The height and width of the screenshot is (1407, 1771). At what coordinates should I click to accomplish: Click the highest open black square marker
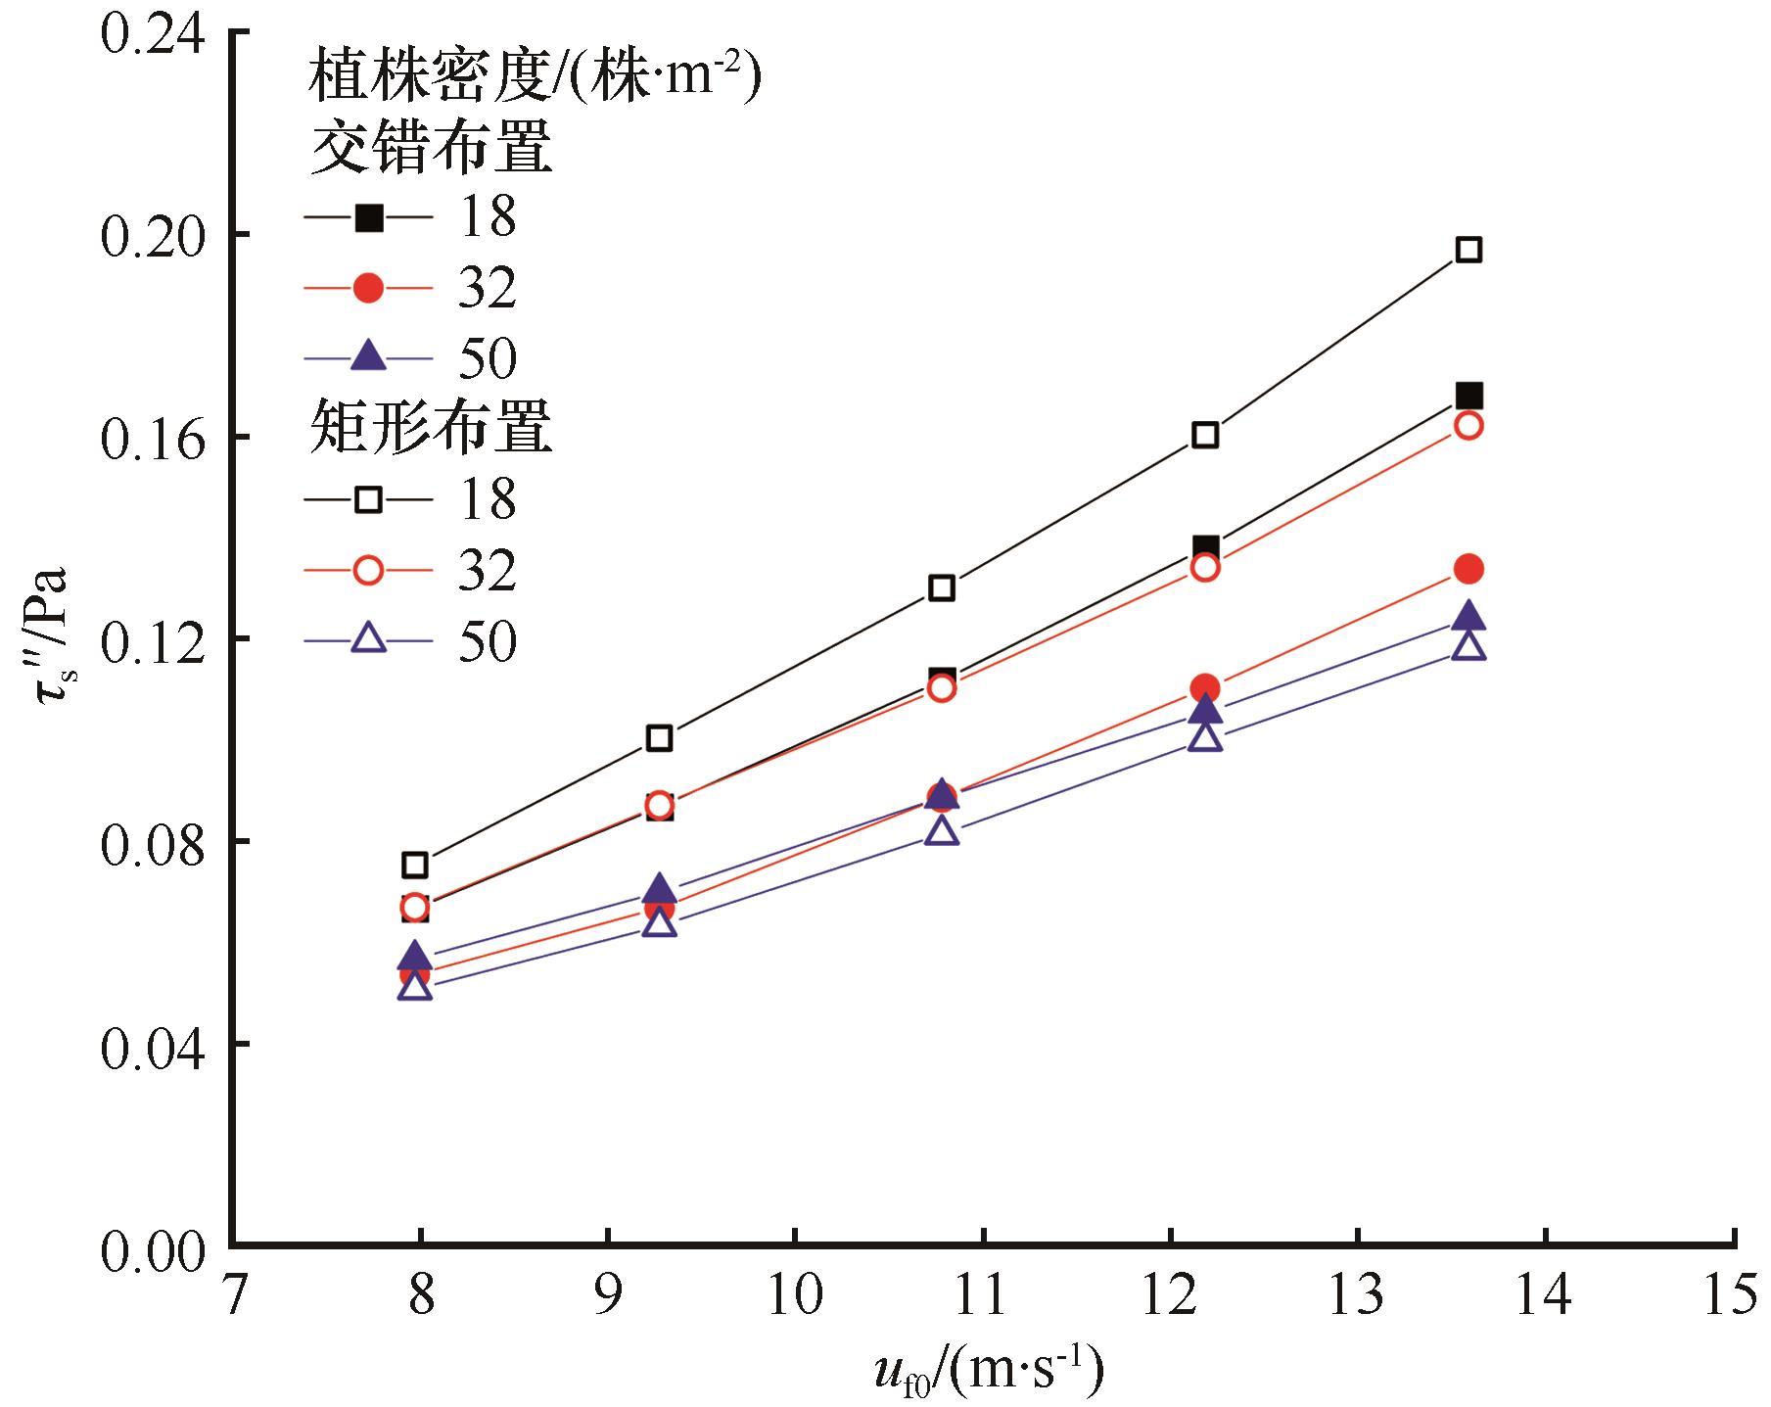[x=1468, y=250]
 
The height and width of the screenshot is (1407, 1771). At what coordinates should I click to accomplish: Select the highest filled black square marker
[x=1468, y=397]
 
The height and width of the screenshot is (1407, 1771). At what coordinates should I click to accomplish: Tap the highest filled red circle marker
[x=1468, y=569]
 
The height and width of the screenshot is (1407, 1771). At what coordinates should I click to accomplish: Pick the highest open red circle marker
[x=1468, y=425]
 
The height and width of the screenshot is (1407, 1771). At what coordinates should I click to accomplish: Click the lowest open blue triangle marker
[x=415, y=986]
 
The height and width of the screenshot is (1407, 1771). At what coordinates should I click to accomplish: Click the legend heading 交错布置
[x=431, y=149]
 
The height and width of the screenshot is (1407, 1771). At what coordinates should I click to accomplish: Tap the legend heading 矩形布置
[x=431, y=429]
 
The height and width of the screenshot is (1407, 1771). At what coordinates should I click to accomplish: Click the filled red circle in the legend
[x=368, y=288]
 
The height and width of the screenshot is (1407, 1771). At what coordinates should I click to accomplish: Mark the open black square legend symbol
[x=368, y=498]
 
